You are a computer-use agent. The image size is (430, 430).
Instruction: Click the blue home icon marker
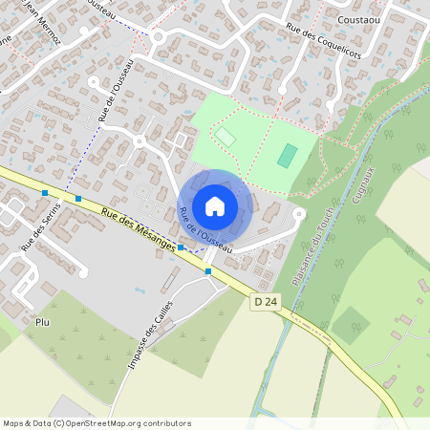[x=215, y=206]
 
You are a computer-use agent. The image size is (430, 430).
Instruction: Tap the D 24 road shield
[x=266, y=301]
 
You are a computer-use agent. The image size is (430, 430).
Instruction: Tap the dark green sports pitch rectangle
[x=287, y=155]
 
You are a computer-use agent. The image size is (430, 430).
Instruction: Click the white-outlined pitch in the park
[x=225, y=138]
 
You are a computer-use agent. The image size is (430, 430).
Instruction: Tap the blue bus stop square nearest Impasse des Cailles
[x=208, y=271]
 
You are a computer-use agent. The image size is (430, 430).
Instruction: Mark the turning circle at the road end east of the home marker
[x=298, y=214]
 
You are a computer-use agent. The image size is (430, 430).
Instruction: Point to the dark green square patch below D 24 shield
[x=350, y=325]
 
